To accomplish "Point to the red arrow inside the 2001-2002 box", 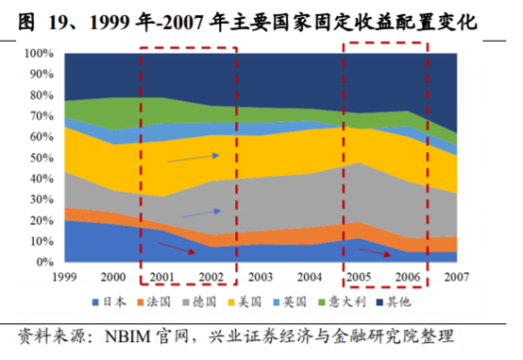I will point(177,249).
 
